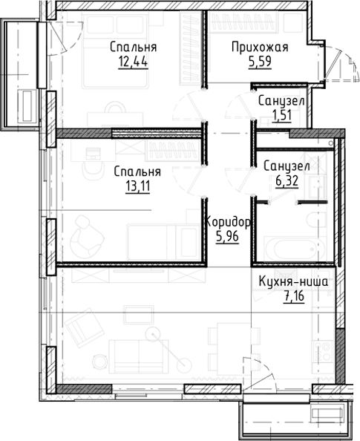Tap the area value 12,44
point(133,62)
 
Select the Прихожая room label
point(259,48)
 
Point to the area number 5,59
point(260,62)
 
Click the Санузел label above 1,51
point(281,101)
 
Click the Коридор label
point(227,222)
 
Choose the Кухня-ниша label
point(293,283)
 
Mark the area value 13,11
point(137,186)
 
